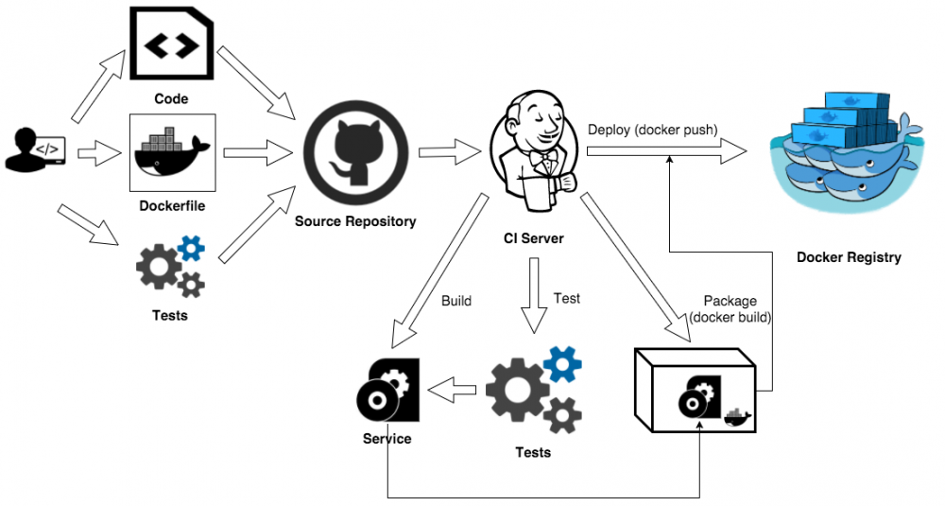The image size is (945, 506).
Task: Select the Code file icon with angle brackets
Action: click(x=171, y=44)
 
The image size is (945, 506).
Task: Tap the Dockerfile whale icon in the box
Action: click(x=171, y=151)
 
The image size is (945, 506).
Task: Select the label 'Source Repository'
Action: click(x=355, y=221)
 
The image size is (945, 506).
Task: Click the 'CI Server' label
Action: click(x=533, y=238)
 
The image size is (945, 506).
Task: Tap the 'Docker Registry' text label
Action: click(x=848, y=257)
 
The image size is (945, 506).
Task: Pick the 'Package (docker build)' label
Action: click(x=730, y=309)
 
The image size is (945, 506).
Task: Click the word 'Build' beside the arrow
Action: click(x=456, y=302)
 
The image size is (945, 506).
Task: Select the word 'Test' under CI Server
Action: click(x=567, y=298)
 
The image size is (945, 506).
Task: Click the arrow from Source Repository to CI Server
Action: click(x=450, y=149)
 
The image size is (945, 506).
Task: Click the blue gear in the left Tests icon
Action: click(x=191, y=249)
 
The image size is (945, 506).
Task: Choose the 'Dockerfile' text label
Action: click(x=171, y=204)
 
